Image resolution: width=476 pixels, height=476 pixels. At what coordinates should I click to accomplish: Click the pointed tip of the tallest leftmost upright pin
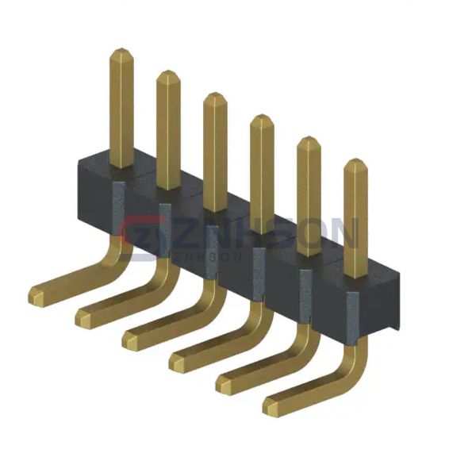coord(121,48)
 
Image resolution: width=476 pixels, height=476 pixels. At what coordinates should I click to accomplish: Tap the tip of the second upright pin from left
coord(168,71)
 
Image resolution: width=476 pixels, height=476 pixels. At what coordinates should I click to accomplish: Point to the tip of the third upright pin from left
coord(215,93)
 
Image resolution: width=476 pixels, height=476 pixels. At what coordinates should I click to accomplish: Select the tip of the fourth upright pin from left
coord(262,115)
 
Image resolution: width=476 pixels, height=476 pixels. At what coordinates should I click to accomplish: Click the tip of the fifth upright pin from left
coord(309,137)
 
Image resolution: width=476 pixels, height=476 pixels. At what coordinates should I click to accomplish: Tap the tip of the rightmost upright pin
coord(355,159)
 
